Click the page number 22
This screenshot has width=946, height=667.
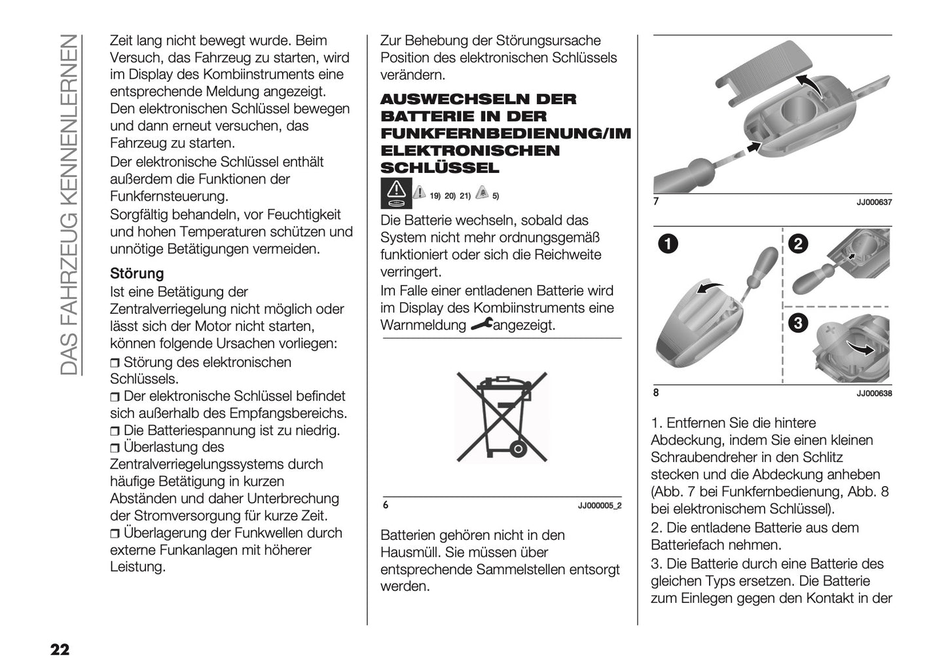pos(59,649)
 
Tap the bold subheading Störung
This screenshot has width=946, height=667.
pos(137,273)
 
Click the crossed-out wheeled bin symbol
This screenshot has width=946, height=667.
pos(501,415)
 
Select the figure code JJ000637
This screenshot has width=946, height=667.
pos(874,202)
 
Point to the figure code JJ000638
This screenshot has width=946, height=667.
pos(874,394)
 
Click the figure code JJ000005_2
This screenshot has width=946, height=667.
pos(600,506)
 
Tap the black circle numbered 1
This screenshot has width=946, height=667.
pos(668,245)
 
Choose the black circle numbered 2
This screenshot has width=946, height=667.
pos(798,245)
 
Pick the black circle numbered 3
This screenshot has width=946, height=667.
pos(798,322)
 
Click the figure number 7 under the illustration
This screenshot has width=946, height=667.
pos(656,202)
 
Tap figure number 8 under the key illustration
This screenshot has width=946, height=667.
pos(656,393)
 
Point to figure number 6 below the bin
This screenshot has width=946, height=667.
pos(386,506)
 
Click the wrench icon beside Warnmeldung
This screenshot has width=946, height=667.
pos(481,324)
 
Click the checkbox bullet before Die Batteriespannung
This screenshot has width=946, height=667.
pos(115,431)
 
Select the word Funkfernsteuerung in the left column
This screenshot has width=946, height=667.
pos(169,196)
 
